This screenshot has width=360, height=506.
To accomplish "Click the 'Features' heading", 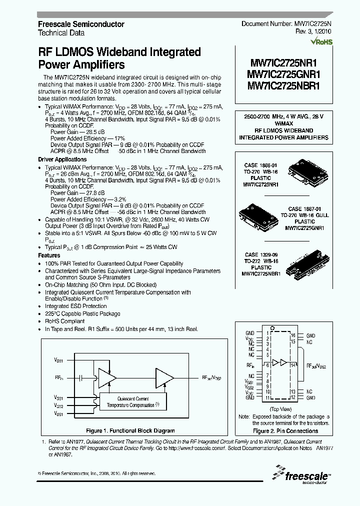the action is (x=49, y=255).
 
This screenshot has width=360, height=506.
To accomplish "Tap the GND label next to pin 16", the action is (x=310, y=335).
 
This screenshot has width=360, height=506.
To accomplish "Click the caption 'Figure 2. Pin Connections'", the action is (x=285, y=431).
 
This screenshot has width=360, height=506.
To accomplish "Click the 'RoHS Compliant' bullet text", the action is (x=65, y=321).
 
